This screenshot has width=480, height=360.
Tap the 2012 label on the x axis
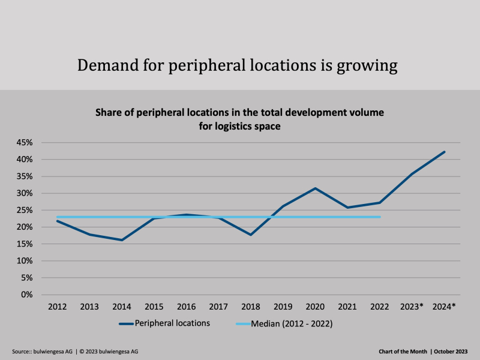(58, 307)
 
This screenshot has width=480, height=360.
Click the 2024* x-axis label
(445, 307)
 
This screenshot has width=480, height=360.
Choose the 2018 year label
(251, 307)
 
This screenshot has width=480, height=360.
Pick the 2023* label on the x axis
(412, 307)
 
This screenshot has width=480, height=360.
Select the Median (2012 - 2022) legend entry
(292, 323)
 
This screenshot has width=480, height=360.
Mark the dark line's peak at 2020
(316, 188)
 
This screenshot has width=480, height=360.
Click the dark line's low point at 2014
(122, 240)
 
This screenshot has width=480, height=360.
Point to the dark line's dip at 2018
(251, 235)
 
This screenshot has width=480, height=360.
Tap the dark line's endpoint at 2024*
(445, 152)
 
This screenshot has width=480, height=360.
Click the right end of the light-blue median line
(380, 217)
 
